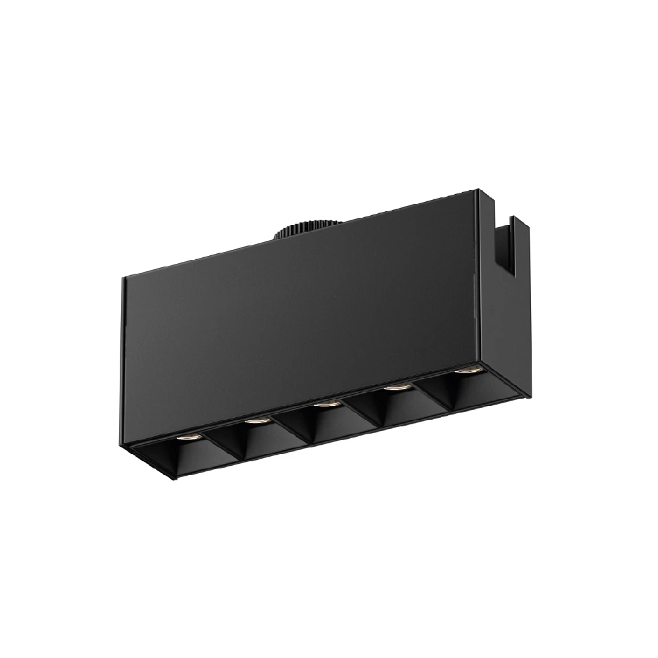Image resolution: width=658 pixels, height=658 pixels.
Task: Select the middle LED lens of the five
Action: coord(325,403)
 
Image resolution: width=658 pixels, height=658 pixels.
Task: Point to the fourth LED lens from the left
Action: coord(395,388)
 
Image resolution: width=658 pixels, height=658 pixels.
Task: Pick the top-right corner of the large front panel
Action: coord(474,191)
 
